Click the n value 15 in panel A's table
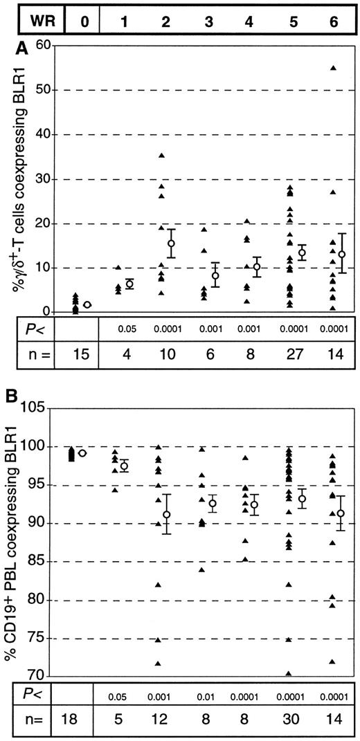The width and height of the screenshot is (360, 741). pyautogui.click(x=84, y=360)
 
